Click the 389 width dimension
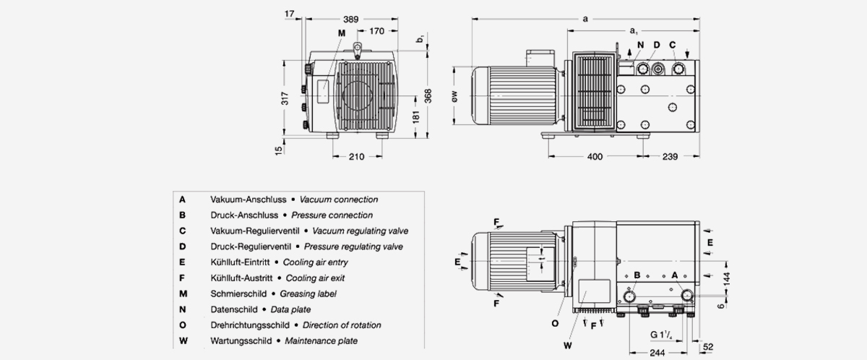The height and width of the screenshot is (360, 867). pos(350,20)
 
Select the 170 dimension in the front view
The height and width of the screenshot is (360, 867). pos(376,31)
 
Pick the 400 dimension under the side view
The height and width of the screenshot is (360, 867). pos(595,157)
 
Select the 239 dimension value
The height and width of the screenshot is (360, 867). pos(670,157)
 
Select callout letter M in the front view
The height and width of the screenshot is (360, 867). pos(341,33)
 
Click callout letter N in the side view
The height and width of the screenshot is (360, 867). pos(639,45)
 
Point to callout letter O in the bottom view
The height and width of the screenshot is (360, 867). pos(555,324)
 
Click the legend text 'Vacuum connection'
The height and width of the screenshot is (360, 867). pos(339,200)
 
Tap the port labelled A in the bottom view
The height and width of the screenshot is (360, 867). pos(685,295)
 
